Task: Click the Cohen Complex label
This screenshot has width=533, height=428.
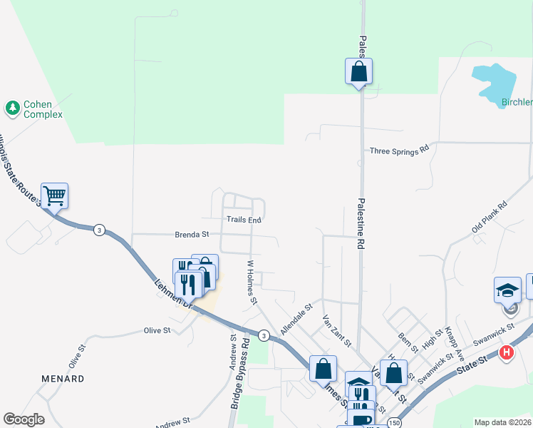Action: pos(43,109)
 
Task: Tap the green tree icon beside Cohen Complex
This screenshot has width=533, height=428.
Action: pos(12,108)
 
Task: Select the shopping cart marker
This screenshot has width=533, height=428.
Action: pos(55,195)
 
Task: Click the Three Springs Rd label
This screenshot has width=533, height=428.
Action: pos(399,151)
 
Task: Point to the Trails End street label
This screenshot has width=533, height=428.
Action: pos(244,220)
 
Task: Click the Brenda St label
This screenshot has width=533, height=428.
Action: pos(192,234)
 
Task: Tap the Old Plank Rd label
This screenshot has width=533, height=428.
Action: pos(489,218)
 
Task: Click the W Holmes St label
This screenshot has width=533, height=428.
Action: pos(252,282)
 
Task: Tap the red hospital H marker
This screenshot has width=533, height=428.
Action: pos(507,352)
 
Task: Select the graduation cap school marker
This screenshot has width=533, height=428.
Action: pos(508,291)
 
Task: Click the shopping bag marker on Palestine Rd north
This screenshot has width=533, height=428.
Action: pos(359,71)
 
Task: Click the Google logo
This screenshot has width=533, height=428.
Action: pos(24,419)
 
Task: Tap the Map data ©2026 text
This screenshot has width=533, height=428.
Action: pos(502,422)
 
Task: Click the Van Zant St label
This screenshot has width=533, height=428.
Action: pos(336,331)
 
